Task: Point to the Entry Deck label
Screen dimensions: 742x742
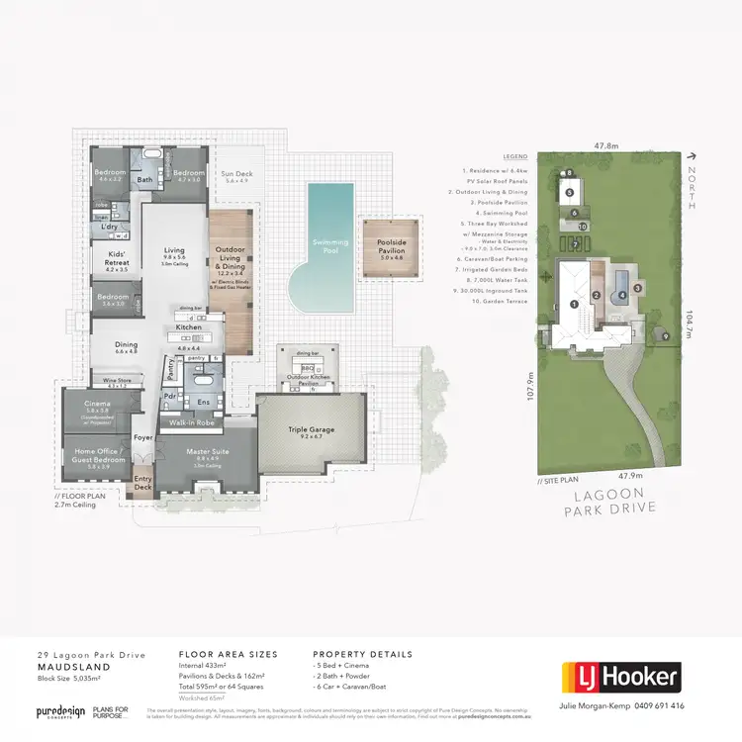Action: point(144,482)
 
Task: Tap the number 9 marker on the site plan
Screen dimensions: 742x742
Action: point(667,337)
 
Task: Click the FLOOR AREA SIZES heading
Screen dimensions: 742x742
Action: point(228,654)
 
